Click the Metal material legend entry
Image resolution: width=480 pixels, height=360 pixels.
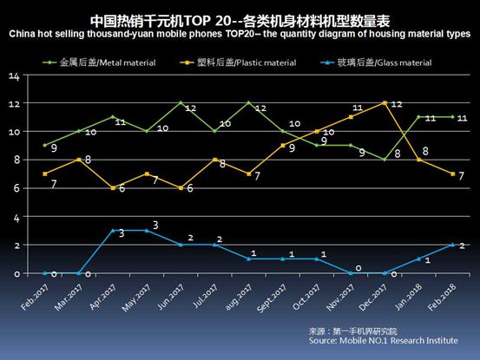point(100,63)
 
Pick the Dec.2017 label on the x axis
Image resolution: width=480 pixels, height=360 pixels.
point(380,295)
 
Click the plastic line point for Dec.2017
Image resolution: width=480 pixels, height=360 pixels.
point(385,103)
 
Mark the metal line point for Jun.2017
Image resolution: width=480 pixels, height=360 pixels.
point(181,103)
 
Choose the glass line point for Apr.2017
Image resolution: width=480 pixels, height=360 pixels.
point(113,231)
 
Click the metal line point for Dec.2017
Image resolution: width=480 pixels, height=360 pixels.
point(385,160)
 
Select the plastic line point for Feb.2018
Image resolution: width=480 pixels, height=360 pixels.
point(452,174)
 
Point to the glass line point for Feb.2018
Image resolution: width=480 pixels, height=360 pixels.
point(452,245)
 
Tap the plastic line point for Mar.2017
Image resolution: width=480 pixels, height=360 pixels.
point(79,160)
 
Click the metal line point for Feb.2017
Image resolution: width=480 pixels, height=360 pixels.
point(45,146)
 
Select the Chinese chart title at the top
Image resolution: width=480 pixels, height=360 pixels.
point(240,18)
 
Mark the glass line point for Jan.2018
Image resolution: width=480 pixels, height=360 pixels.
point(418,259)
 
